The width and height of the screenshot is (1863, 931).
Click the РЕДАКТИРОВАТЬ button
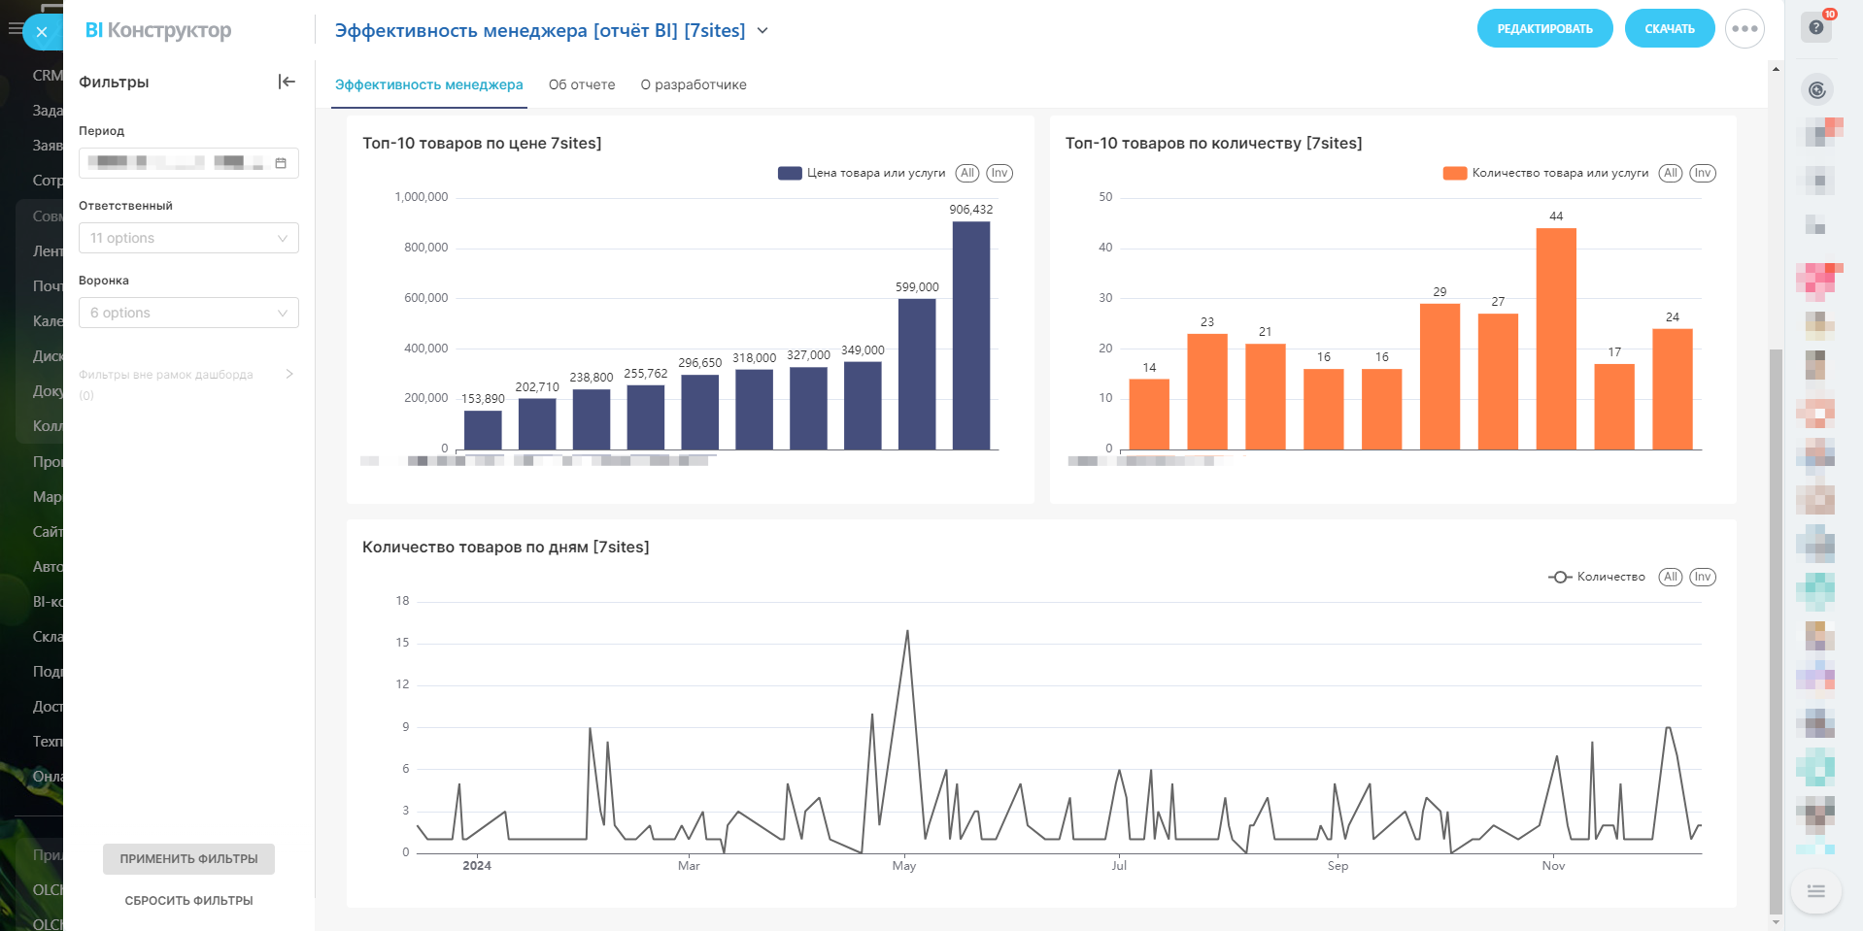tap(1544, 29)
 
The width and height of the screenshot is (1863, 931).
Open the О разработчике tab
tap(694, 84)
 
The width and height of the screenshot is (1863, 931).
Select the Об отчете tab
tap(582, 84)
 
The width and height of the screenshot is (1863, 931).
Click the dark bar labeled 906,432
tap(970, 335)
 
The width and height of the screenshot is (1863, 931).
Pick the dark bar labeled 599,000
tap(917, 374)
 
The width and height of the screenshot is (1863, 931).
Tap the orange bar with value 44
tap(1556, 339)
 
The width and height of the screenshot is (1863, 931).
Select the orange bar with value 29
tap(1440, 377)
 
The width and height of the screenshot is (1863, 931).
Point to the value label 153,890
tap(483, 399)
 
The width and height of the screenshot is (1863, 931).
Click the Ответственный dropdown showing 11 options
tap(188, 238)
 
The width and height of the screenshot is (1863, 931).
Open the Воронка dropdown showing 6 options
tap(188, 313)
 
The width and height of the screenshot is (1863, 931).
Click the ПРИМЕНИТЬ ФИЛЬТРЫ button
tap(188, 859)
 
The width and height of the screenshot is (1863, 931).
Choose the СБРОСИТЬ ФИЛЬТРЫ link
tap(188, 901)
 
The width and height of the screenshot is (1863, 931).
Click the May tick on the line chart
tap(904, 866)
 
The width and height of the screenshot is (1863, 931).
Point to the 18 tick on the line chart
tap(402, 601)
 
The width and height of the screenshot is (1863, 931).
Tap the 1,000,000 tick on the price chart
tap(422, 197)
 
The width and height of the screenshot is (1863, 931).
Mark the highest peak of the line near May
tap(907, 631)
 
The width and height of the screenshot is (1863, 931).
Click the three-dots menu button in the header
tap(1744, 29)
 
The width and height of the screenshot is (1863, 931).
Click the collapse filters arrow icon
tap(287, 82)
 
